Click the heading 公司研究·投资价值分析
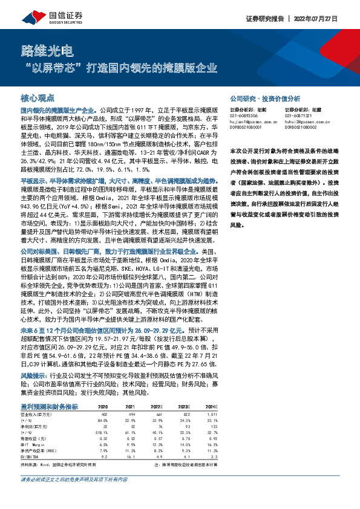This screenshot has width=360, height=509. coord(264,97)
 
